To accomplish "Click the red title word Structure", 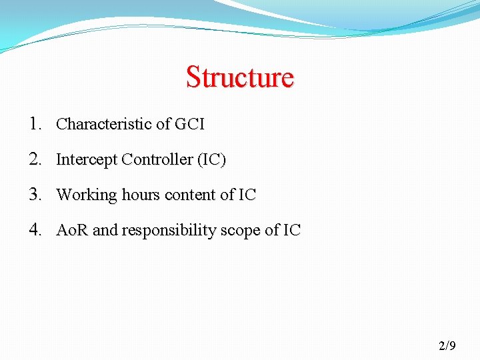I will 239,77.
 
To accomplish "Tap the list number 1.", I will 35,123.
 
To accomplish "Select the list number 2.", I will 35,159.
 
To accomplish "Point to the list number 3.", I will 35,195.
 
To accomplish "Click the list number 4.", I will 35,230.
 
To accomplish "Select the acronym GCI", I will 189,124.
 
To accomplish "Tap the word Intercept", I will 85,160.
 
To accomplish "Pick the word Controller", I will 155,160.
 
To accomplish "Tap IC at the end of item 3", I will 247,195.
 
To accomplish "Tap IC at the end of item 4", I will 292,231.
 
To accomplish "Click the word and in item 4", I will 105,231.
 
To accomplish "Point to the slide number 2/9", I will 447,345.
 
